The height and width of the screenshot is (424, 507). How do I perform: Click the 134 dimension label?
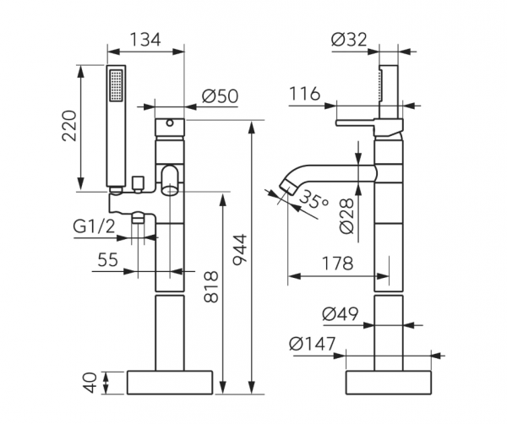click(145, 39)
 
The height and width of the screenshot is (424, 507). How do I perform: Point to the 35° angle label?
click(312, 202)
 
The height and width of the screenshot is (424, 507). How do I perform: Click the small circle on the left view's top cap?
click(169, 123)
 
